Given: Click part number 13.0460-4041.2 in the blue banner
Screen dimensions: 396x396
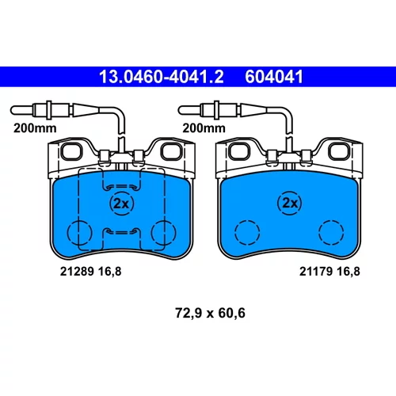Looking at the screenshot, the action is (x=162, y=77).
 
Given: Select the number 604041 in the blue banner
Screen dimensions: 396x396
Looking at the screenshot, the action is (x=274, y=77).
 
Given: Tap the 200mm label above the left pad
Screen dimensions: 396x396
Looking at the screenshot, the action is (x=35, y=128).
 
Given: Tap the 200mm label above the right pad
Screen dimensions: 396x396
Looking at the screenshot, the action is (x=204, y=128).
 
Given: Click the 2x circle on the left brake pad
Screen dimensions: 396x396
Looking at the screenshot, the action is (x=121, y=204).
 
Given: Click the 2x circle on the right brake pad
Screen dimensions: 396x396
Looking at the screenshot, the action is (x=290, y=203).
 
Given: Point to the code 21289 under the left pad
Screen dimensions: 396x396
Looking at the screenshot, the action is (x=77, y=272).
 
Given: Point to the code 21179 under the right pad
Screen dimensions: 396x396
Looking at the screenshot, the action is (x=316, y=272).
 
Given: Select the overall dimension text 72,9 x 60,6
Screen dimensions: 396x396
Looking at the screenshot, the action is (x=210, y=313).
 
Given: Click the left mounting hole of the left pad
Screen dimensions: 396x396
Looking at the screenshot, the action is (x=71, y=151).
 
